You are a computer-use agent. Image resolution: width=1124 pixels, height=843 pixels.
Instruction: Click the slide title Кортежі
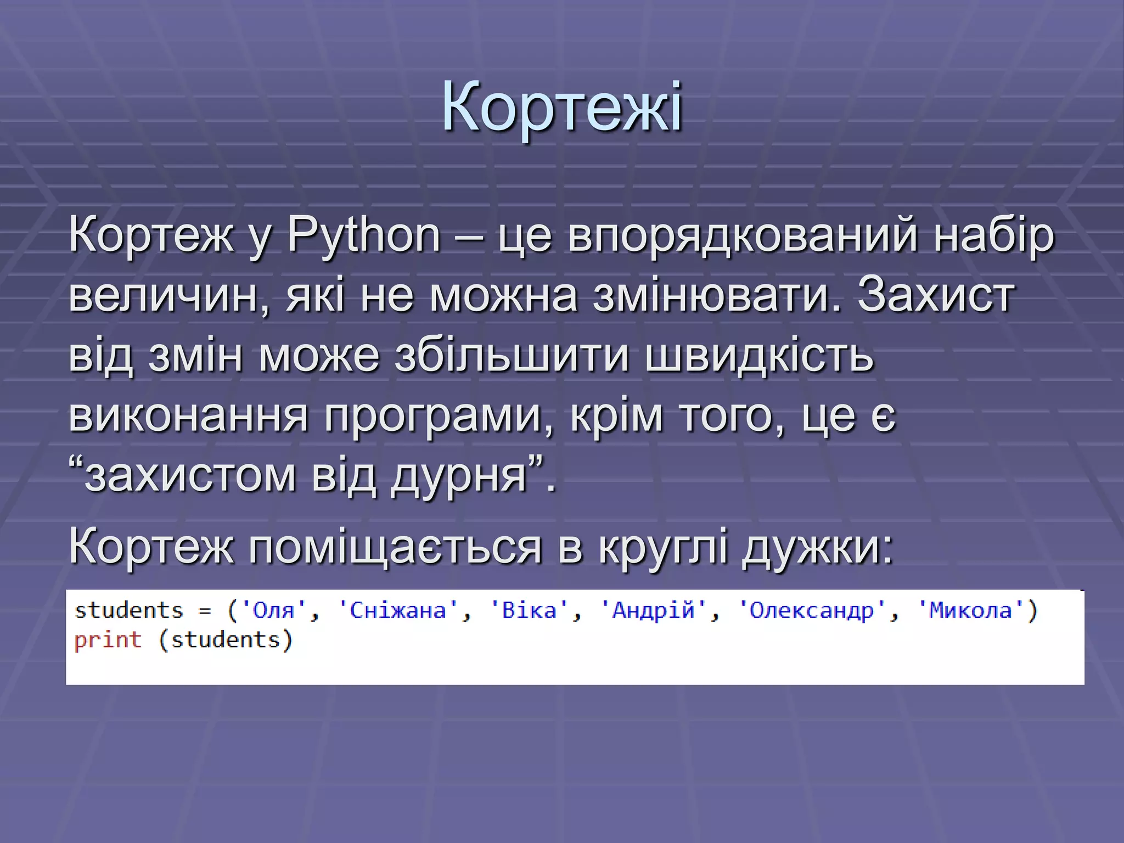562,106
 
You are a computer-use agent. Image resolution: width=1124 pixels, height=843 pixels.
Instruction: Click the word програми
439,415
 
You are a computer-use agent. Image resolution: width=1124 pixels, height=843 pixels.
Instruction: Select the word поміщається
395,548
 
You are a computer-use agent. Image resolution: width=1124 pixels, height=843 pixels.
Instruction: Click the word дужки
818,548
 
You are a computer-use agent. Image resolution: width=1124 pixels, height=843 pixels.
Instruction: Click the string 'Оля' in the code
273,611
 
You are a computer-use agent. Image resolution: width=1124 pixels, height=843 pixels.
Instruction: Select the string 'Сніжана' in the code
398,611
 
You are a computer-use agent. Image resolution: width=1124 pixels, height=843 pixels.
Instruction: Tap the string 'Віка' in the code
529,611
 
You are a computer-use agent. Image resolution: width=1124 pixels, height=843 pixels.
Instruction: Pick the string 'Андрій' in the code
653,611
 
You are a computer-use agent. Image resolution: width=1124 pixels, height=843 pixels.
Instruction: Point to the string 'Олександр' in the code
812,611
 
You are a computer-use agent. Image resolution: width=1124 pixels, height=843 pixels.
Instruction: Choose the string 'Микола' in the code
970,611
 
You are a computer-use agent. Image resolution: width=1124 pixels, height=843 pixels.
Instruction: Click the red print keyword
108,640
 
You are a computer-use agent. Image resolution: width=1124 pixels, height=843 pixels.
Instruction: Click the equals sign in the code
205,611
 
